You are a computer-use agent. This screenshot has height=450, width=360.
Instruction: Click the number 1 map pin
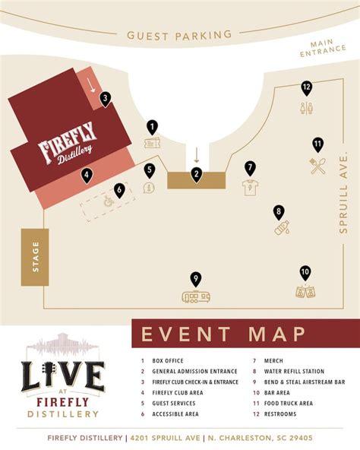click(x=152, y=127)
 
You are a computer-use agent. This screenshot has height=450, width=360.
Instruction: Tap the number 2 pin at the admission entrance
click(x=197, y=174)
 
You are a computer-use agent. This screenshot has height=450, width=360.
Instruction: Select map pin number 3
click(x=106, y=98)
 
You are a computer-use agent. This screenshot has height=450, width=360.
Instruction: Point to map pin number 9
click(x=196, y=279)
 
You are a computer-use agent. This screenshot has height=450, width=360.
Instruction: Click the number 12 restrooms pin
click(x=306, y=87)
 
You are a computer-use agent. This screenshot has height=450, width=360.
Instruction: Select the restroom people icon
click(x=306, y=108)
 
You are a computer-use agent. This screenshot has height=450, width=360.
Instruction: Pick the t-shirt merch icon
click(x=250, y=187)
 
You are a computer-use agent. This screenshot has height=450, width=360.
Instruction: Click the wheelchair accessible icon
click(x=109, y=202)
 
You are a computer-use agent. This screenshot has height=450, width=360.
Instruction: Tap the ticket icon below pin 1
click(x=152, y=143)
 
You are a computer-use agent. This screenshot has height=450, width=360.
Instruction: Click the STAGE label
click(x=35, y=257)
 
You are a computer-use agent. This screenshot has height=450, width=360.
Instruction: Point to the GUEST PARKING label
click(x=179, y=35)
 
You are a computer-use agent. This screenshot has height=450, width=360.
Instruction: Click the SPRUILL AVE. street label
click(x=344, y=191)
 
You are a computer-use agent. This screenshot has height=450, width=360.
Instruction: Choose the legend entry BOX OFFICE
click(x=167, y=361)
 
